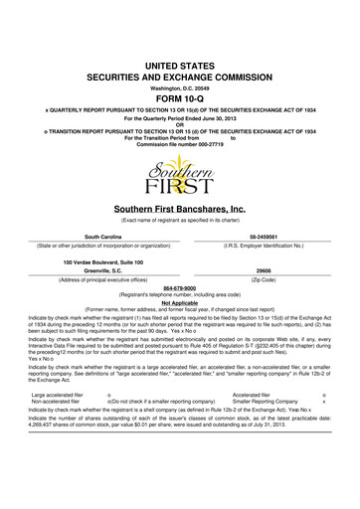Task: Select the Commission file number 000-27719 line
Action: click(179, 115)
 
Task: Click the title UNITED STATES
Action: click(179, 34)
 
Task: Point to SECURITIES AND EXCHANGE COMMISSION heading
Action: click(179, 46)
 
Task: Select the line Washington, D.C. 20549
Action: click(179, 58)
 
